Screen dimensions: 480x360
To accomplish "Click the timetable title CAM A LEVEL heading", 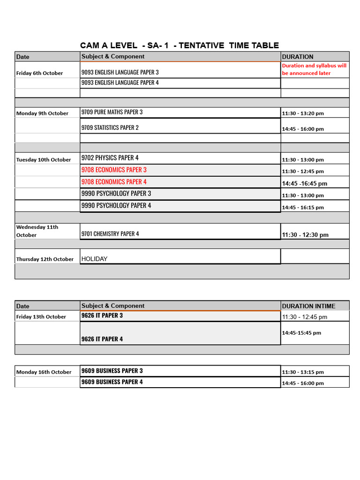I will coord(180,45).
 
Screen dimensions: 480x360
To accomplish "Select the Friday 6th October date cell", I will coord(39,73).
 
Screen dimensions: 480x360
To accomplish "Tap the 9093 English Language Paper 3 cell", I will coord(120,72).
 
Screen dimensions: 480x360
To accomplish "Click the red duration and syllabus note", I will coord(315,69).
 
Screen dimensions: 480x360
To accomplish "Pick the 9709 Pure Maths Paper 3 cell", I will coord(112,112).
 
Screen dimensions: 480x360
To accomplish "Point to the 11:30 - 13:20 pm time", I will coord(303,113).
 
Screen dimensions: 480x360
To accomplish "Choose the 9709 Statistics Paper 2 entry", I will coord(110,127).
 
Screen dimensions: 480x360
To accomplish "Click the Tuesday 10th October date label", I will coord(44,159).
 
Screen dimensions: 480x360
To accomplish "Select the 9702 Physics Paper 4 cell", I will coord(110,158).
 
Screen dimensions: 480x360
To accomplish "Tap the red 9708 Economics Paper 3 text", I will coord(114,170).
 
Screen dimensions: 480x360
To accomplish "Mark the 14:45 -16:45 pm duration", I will coord(305,183).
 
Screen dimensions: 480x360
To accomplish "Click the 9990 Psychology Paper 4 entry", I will coord(116,205).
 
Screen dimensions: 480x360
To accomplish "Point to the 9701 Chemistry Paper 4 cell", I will coord(110,233).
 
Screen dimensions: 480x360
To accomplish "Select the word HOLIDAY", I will coord(94,259).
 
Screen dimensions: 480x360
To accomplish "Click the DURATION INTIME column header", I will coord(309,306).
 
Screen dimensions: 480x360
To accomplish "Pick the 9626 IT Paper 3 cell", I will coord(102,315).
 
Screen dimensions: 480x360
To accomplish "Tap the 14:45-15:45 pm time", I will coord(301,333).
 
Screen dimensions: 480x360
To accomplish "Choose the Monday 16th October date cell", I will coord(44,372).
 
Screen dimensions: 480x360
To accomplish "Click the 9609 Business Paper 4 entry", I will coord(112,382).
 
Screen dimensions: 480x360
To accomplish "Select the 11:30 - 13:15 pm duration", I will coord(303,372).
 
